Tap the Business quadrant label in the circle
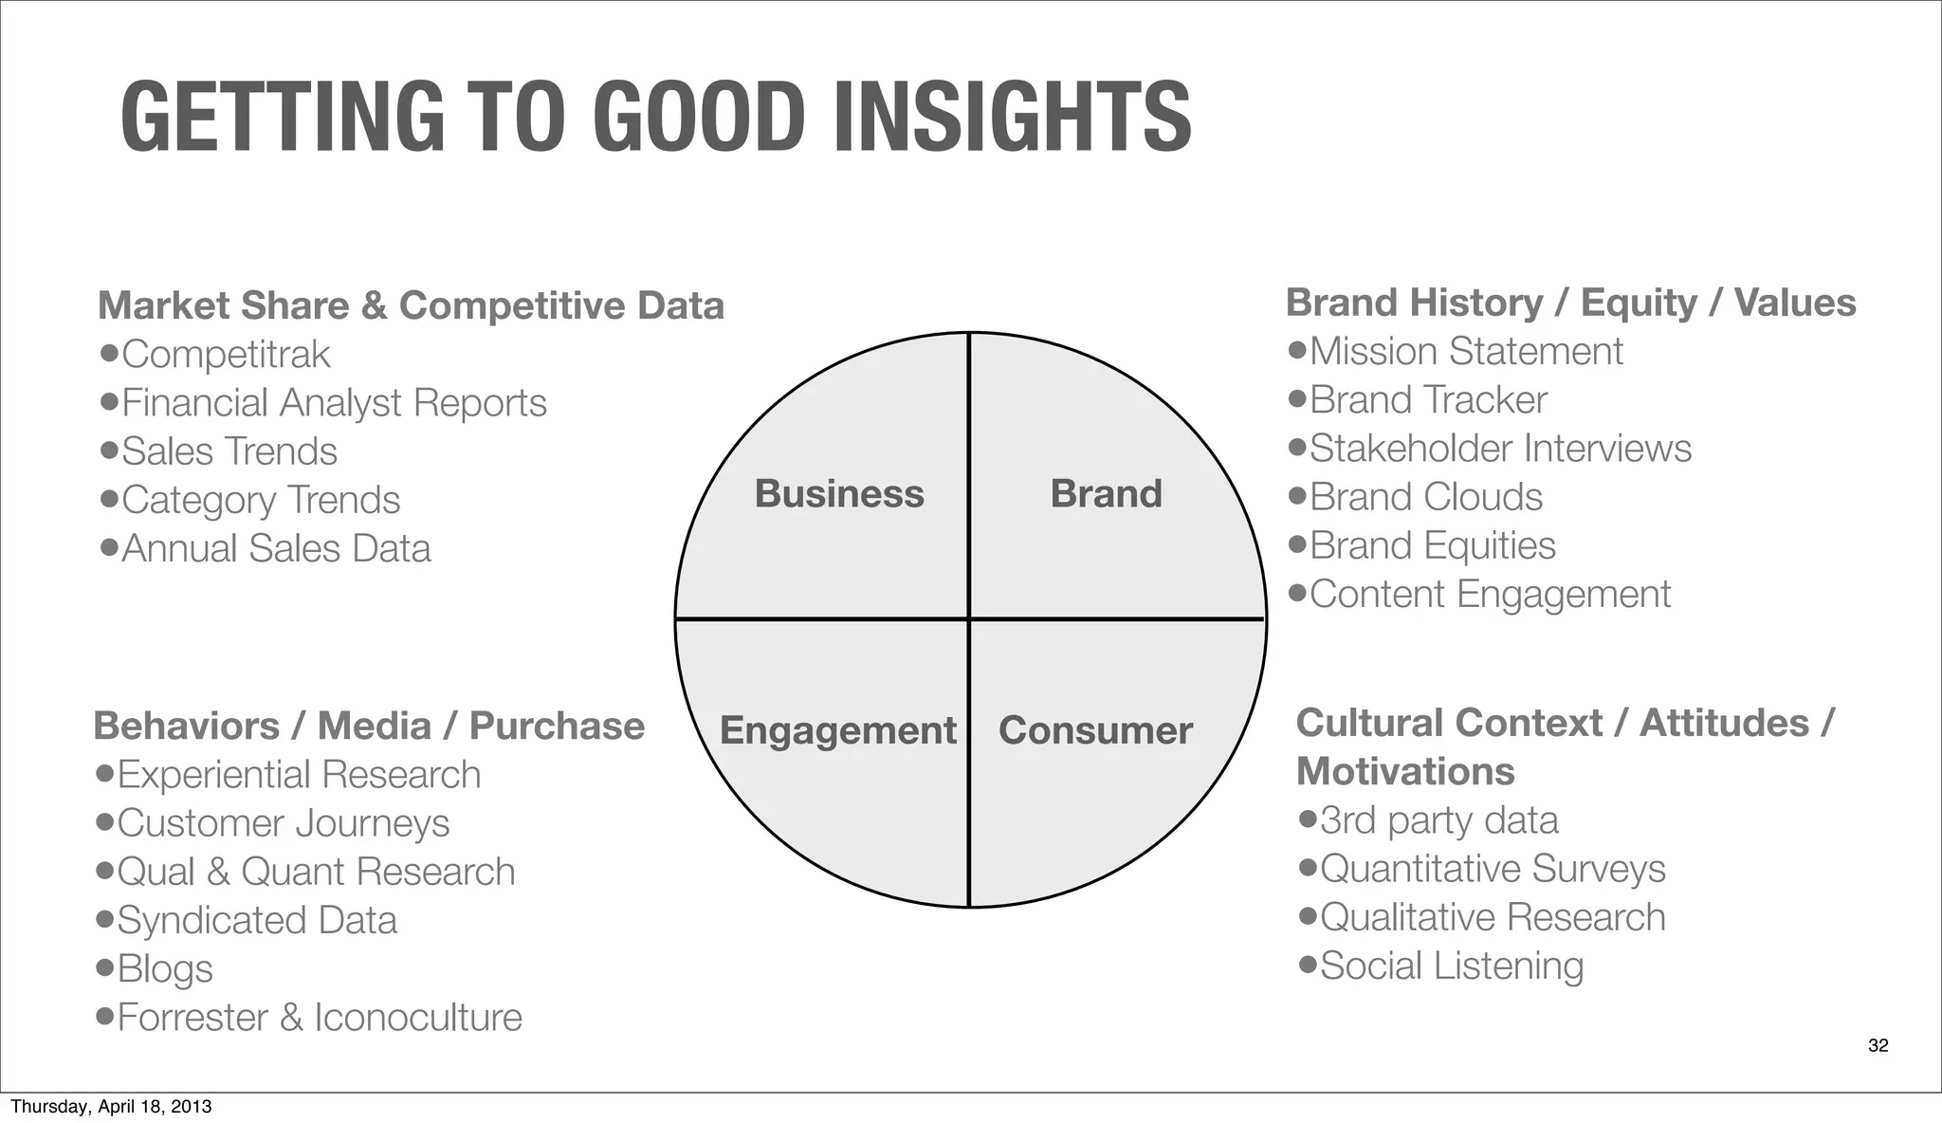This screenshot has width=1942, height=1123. [x=839, y=494]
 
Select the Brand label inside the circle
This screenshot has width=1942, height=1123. [x=1106, y=494]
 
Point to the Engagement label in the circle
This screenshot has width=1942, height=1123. [x=838, y=730]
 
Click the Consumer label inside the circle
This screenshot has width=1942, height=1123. [x=1095, y=730]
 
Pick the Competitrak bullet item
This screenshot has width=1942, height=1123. [x=226, y=355]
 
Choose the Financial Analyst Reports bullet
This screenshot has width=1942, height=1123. [x=334, y=403]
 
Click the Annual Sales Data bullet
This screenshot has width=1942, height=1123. [x=276, y=548]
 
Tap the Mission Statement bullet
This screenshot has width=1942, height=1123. [x=1466, y=352]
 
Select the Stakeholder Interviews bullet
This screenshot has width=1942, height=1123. [x=1500, y=449]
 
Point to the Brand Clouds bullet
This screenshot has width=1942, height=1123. [x=1426, y=497]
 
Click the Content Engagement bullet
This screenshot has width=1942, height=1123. [x=1490, y=595]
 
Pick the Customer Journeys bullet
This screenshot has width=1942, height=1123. [x=283, y=823]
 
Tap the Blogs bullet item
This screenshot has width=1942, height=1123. [x=165, y=969]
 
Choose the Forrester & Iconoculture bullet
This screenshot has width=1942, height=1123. [x=320, y=1018]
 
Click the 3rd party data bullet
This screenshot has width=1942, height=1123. [x=1438, y=820]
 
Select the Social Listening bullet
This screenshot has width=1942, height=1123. [x=1452, y=966]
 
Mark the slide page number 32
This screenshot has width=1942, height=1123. [x=1878, y=1045]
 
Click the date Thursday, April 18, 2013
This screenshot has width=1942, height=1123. [x=111, y=1107]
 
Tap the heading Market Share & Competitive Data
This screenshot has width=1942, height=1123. [x=411, y=305]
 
